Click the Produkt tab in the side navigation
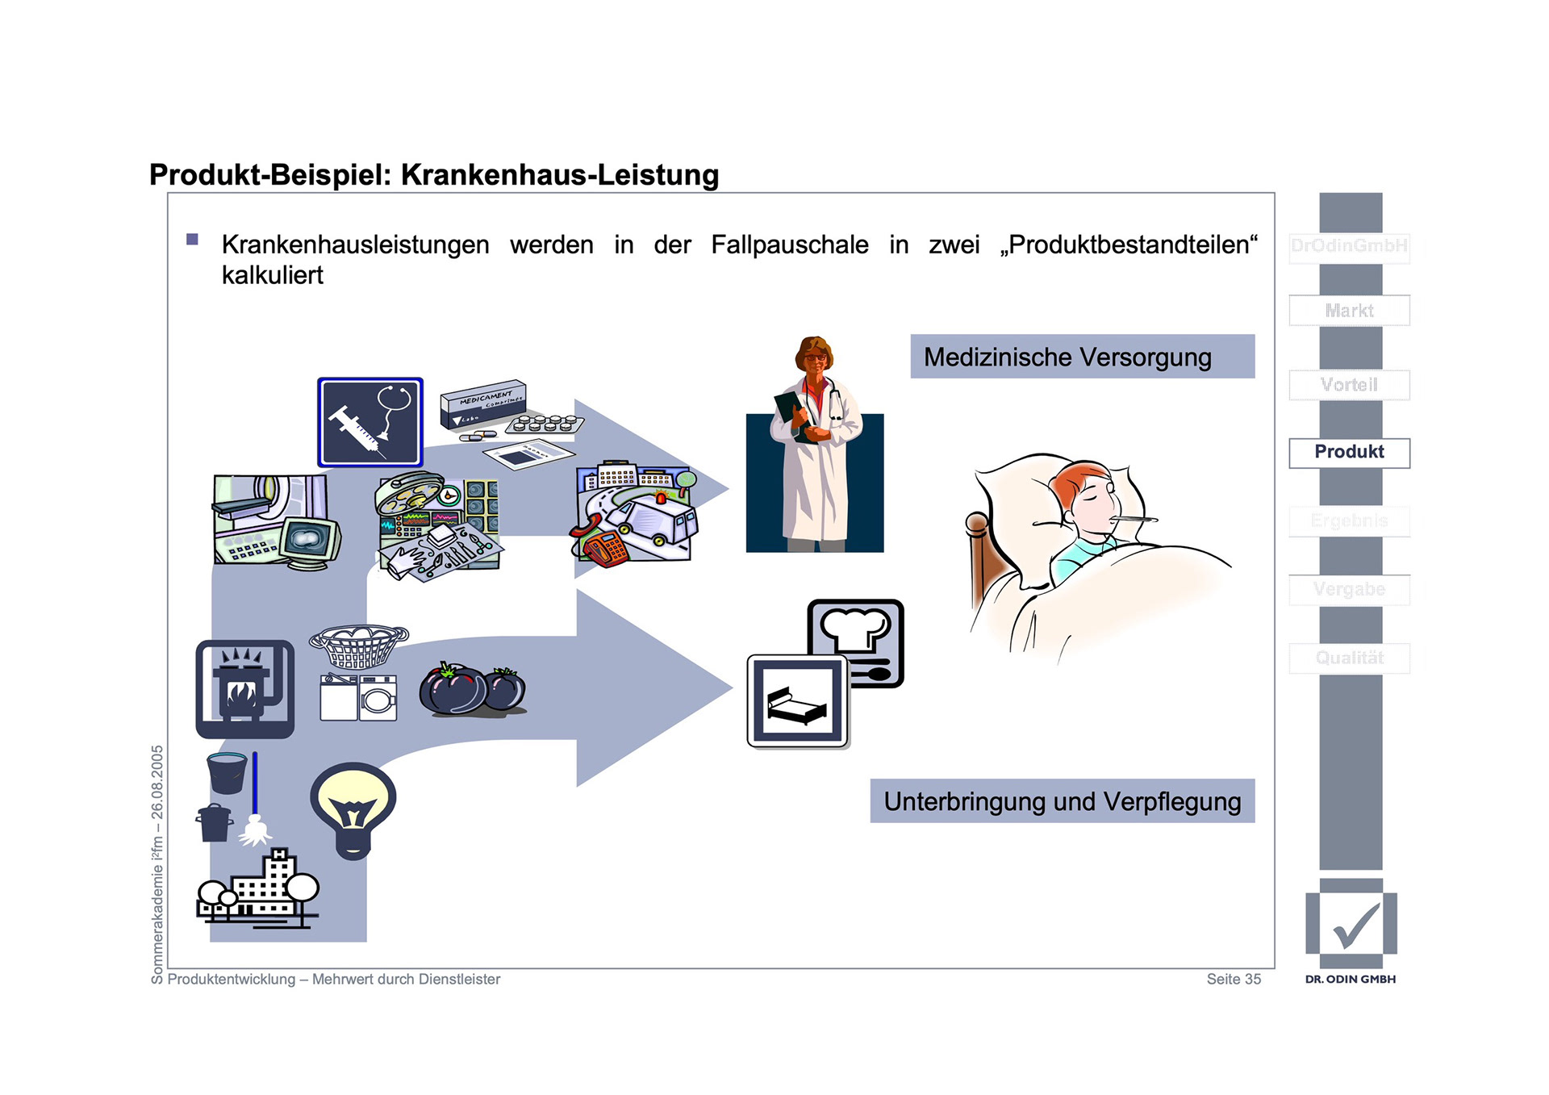click(x=1349, y=452)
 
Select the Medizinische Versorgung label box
click(x=1082, y=357)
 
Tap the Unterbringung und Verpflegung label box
click(x=1062, y=801)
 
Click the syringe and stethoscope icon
click(x=370, y=422)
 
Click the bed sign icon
click(x=797, y=700)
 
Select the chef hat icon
click(x=856, y=629)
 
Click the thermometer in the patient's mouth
click(x=1134, y=520)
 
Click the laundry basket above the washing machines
click(x=359, y=646)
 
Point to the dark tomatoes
click(x=472, y=689)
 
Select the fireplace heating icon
click(x=244, y=689)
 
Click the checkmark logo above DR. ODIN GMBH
click(x=1351, y=925)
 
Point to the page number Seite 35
click(x=1234, y=979)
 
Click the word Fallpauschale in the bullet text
click(x=789, y=244)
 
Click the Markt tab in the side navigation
click(x=1349, y=311)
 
